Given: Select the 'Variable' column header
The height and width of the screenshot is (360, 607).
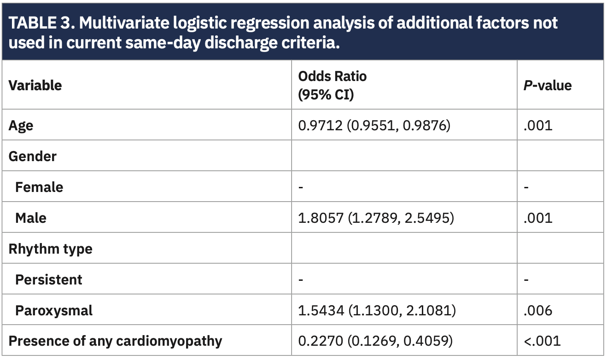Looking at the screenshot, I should coord(35,85).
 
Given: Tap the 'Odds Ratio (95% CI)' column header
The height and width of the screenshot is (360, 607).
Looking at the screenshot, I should coord(332,85).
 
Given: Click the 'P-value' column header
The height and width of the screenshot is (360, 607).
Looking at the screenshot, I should coord(547,85).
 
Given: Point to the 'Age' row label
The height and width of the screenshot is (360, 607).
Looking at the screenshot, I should coord(21,125).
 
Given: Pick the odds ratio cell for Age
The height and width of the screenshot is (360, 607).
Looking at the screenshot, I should coord(374,125).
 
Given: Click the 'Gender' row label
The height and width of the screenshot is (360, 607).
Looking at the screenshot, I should coord(32,156).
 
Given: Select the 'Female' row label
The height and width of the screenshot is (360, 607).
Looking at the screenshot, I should coord(39,187).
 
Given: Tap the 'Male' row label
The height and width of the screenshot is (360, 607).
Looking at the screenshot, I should coord(31,218).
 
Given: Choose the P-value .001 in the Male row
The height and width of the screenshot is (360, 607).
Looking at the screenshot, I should coord(537,218).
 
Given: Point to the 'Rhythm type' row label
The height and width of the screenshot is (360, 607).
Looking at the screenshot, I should coord(50,249).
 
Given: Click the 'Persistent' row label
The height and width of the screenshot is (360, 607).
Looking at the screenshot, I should coord(49,279).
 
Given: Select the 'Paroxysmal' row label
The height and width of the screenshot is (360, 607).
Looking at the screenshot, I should coord(54,310).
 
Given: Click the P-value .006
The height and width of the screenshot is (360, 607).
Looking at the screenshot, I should coord(538,310).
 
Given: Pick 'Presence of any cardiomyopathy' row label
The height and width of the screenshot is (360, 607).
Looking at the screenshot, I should coord(115,341).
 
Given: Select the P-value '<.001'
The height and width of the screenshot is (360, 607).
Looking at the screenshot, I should coord(542,341).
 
